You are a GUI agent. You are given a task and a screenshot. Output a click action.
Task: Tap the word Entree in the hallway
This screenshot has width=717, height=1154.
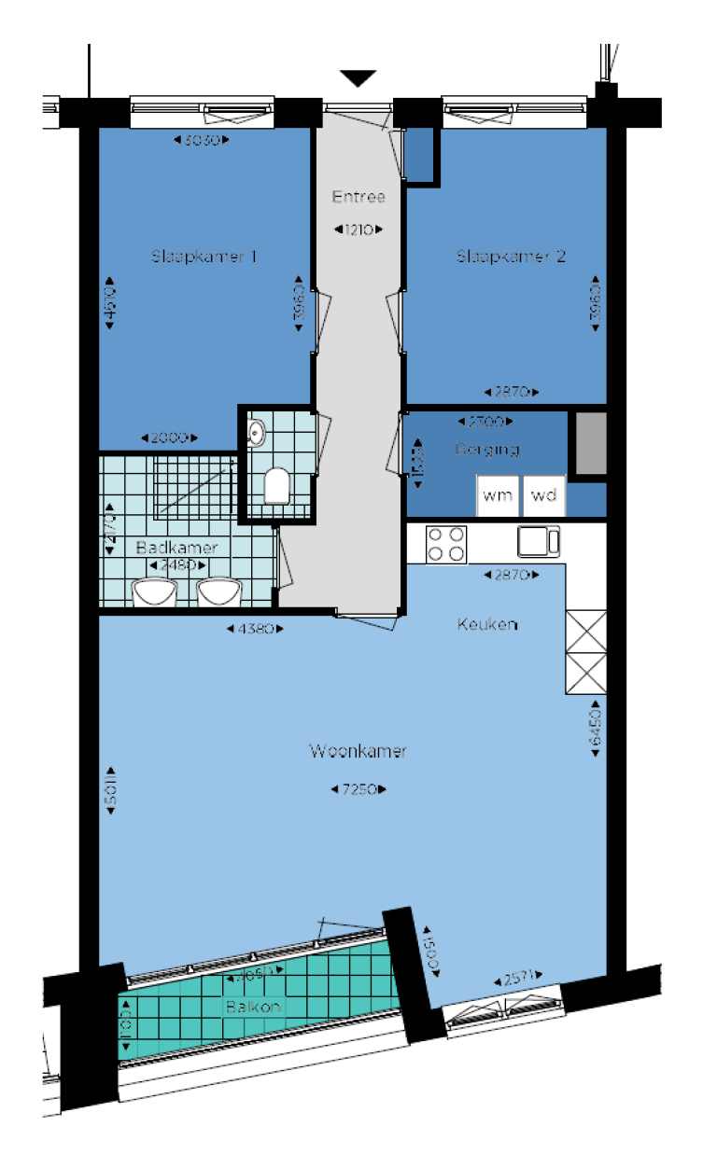click(x=358, y=197)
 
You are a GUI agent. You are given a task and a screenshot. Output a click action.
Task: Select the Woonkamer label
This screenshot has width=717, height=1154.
click(x=358, y=751)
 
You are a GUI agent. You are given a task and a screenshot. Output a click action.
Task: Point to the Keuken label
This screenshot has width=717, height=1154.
click(x=486, y=624)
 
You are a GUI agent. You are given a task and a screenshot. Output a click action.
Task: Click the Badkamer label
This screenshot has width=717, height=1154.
click(x=176, y=548)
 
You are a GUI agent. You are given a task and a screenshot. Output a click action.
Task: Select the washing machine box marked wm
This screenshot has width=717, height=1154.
click(x=498, y=495)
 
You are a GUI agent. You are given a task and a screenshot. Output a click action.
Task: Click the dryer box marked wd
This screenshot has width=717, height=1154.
click(x=543, y=495)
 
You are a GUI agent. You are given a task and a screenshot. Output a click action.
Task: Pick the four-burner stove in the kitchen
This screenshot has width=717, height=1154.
click(x=445, y=544)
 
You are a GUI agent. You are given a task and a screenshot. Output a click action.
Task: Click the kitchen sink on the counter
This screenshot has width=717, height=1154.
click(x=540, y=540)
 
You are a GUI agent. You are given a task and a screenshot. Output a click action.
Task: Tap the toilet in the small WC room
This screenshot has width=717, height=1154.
click(x=275, y=486)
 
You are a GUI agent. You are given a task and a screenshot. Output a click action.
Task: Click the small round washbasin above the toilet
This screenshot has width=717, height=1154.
click(x=257, y=432)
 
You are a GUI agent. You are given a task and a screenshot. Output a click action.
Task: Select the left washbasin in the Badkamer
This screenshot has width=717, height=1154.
click(x=154, y=592)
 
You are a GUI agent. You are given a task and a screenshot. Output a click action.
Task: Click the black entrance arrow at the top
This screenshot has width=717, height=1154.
click(x=358, y=78)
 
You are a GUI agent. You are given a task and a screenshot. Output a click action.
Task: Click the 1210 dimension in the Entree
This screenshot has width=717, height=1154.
click(x=358, y=229)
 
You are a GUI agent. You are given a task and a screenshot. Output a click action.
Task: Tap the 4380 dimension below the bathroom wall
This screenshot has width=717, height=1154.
click(x=255, y=629)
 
